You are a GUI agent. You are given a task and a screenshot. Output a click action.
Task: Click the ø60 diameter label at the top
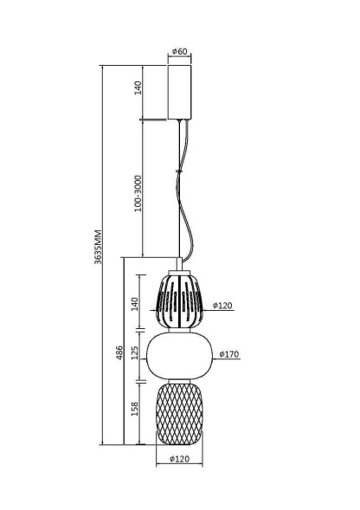coord(180,51)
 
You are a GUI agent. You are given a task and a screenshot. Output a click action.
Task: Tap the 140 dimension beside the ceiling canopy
coord(138,87)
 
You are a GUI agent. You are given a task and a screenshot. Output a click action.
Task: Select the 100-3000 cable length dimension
coord(138,194)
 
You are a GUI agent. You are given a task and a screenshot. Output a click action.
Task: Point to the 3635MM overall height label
coord(98,247)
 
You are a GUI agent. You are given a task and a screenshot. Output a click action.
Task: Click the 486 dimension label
coord(119,352)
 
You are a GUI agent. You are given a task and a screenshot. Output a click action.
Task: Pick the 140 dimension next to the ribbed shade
coord(135,304)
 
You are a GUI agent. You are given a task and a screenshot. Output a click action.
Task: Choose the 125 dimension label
coord(135,352)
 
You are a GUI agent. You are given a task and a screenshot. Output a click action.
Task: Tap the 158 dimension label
coord(135,409)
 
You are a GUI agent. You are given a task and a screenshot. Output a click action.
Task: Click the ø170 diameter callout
coord(229,354)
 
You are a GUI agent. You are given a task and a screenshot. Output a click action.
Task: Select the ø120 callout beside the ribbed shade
coord(222,306)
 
